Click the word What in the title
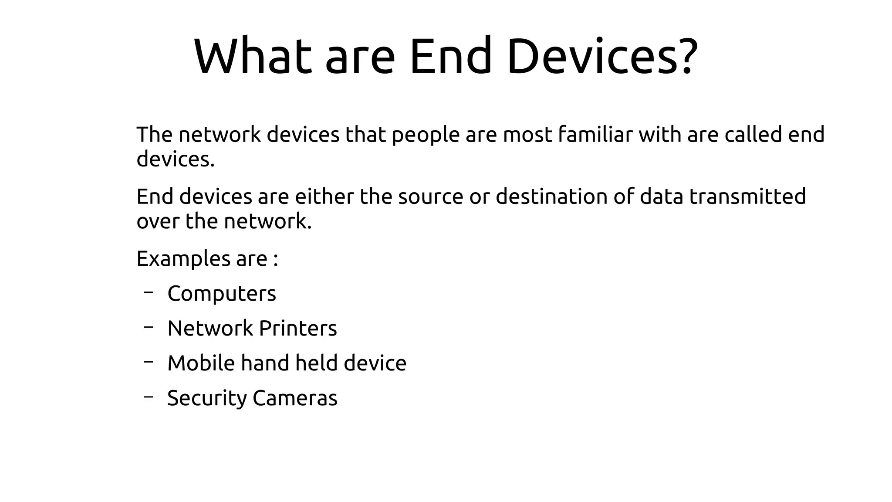pyautogui.click(x=253, y=57)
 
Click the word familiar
pyautogui.click(x=595, y=135)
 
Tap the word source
pyautogui.click(x=430, y=197)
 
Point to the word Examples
pyautogui.click(x=183, y=259)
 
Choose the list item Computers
pyautogui.click(x=222, y=294)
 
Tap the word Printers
pyautogui.click(x=298, y=328)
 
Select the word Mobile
pyautogui.click(x=201, y=363)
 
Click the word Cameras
pyautogui.click(x=295, y=398)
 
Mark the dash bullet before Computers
pyautogui.click(x=148, y=292)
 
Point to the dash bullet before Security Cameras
pyautogui.click(x=148, y=397)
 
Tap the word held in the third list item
pyautogui.click(x=316, y=363)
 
